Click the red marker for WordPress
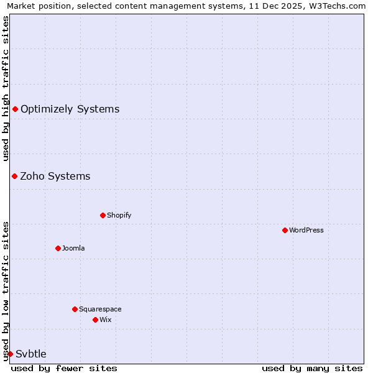(x=285, y=230)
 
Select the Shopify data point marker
(x=103, y=215)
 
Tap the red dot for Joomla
(x=58, y=248)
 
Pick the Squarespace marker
(x=75, y=309)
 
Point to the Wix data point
(x=95, y=320)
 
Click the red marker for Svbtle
(x=10, y=354)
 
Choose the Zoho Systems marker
(x=14, y=176)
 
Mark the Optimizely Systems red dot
(x=15, y=109)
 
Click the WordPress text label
(x=306, y=230)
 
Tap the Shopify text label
(x=119, y=215)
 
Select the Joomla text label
(x=73, y=248)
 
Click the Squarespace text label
(x=100, y=309)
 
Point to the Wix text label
(x=105, y=320)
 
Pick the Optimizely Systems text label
(x=70, y=109)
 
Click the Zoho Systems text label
(x=55, y=176)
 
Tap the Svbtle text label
(x=31, y=354)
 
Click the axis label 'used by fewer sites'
(x=64, y=368)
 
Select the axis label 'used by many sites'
(x=312, y=368)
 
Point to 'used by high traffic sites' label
(x=6, y=88)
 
